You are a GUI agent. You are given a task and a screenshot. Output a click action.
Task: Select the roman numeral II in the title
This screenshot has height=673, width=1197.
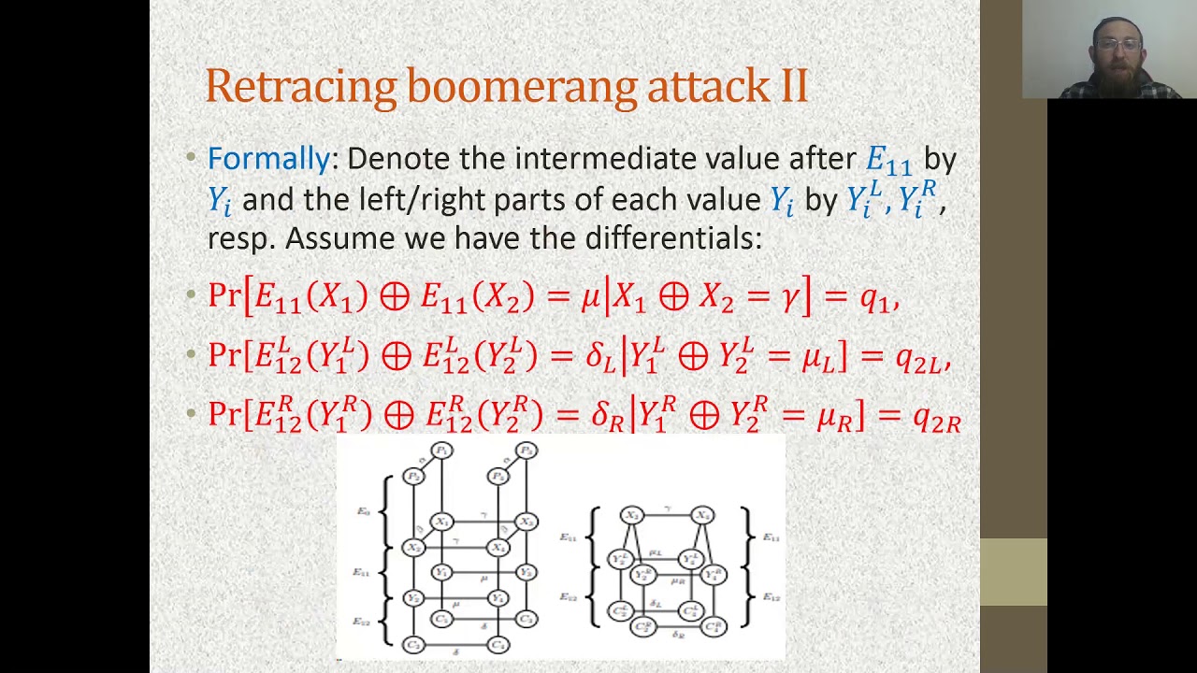coord(793,86)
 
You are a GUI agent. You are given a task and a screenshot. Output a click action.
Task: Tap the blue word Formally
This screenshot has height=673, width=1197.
coord(267,159)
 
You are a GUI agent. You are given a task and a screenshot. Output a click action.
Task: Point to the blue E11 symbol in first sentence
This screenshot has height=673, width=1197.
coord(887,161)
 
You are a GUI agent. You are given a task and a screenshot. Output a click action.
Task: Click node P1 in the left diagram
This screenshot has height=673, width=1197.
coord(441,451)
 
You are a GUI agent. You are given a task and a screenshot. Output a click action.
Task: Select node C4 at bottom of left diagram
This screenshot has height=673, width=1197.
coord(498,645)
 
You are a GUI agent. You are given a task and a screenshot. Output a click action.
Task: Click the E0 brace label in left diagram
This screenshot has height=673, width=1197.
coord(364,511)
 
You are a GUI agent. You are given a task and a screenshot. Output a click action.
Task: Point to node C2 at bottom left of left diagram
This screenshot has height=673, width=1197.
coord(412,645)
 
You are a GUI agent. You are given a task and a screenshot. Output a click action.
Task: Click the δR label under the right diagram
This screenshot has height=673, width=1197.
coord(678,635)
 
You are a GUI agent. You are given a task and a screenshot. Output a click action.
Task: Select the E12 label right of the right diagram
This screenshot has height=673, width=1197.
coord(770,596)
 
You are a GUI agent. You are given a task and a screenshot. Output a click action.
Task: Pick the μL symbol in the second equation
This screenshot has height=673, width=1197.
coord(817,358)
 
